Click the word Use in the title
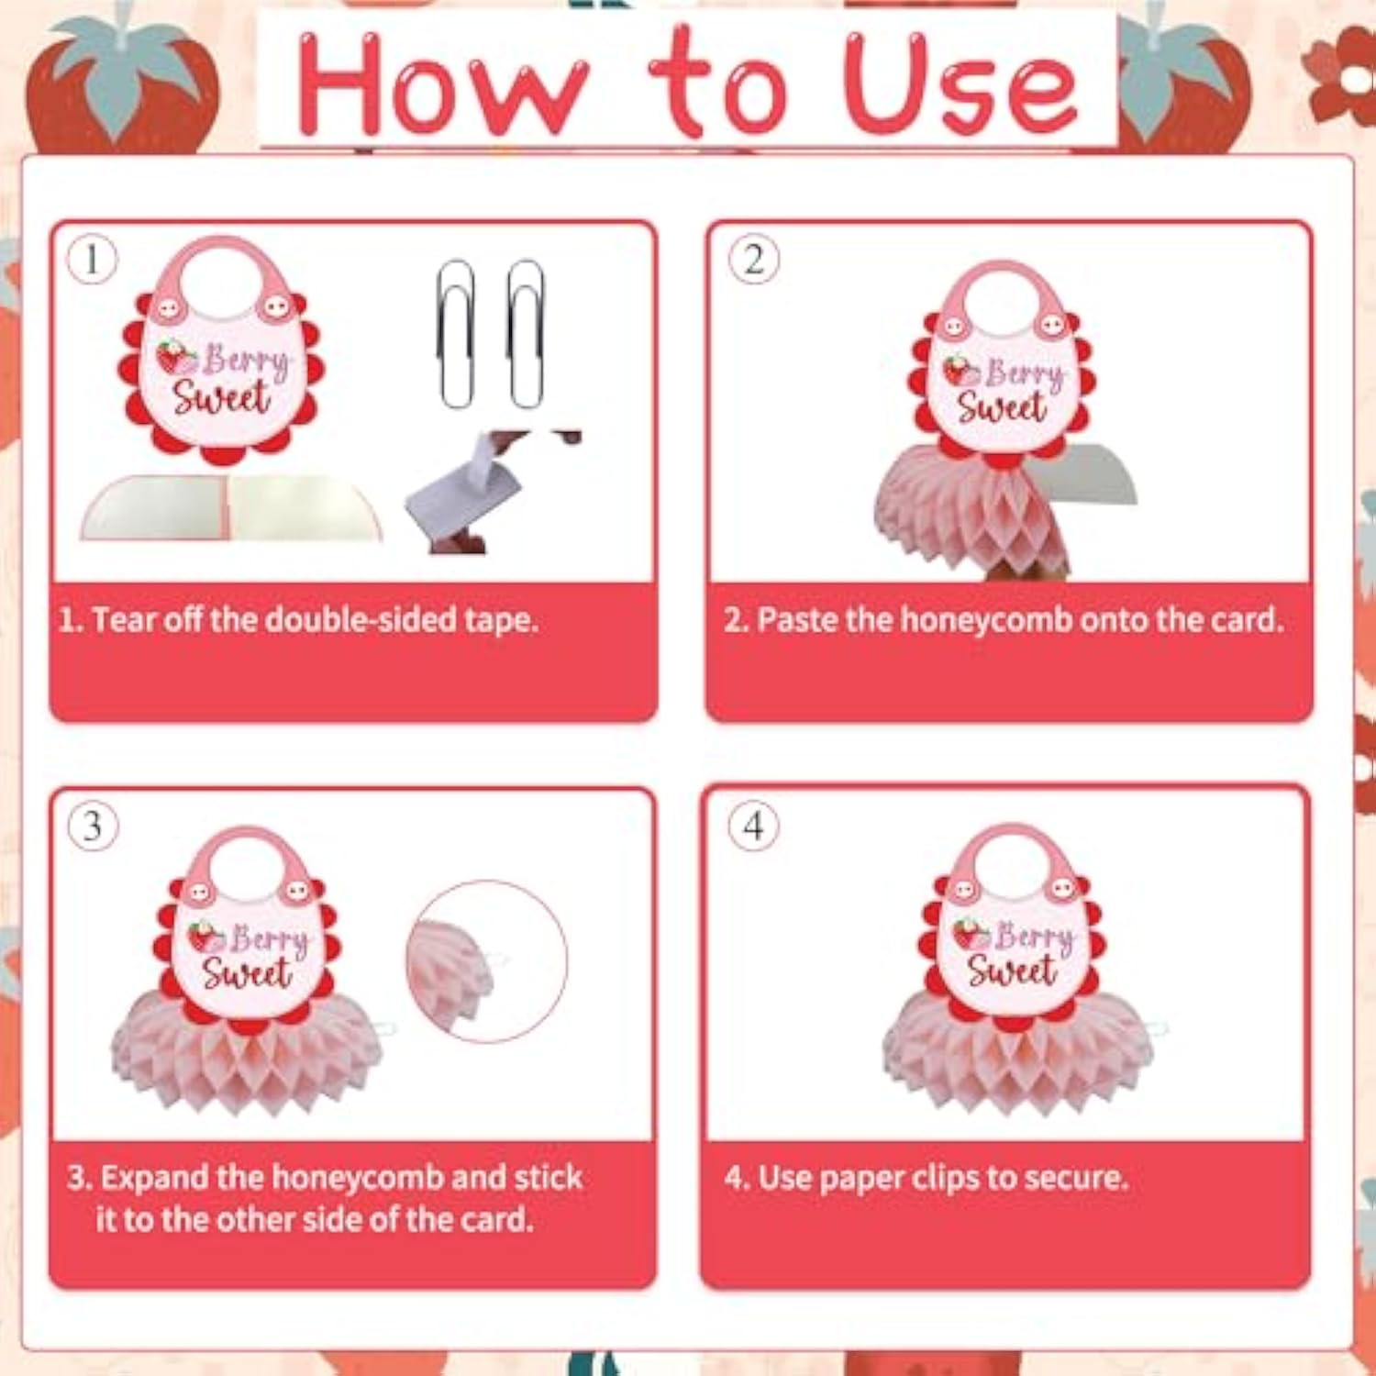point(960,84)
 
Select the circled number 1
point(93,260)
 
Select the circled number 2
point(753,260)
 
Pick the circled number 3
point(93,826)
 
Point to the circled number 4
point(753,826)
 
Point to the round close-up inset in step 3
point(486,961)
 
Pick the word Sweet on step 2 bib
point(1002,407)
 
